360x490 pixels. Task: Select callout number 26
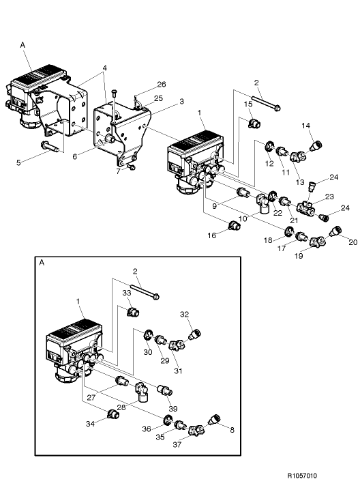coord(161,85)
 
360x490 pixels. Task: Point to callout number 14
coord(306,126)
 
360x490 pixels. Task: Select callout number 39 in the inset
coord(172,408)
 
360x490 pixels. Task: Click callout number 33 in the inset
coord(126,293)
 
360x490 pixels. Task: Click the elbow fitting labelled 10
coord(262,201)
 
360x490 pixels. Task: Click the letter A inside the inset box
coord(42,261)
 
